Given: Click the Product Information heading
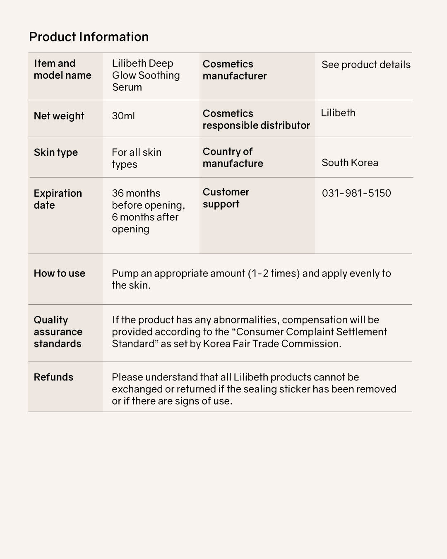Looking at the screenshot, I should click(89, 37).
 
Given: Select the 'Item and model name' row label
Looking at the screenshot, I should click(62, 69).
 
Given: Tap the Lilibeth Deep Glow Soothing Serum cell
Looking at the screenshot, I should click(146, 75).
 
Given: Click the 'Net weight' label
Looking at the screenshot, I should click(59, 116).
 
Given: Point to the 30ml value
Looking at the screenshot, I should click(123, 116).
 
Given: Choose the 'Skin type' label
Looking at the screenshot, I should click(55, 152).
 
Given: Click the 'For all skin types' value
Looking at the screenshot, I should click(137, 158).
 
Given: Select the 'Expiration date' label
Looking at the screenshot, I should click(58, 199).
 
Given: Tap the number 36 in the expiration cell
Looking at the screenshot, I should click(118, 193).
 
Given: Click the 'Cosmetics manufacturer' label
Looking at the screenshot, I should click(235, 70).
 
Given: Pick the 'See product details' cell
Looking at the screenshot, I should click(366, 65).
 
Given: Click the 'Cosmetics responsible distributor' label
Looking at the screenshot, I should click(256, 119).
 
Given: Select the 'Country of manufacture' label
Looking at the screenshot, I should click(233, 157).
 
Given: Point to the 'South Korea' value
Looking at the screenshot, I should click(350, 163).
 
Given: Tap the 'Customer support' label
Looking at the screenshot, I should click(226, 198).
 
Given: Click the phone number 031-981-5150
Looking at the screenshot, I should click(356, 193).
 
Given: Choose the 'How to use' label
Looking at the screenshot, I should click(59, 273).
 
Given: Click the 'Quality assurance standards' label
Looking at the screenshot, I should click(58, 332).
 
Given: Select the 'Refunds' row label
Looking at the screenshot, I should click(53, 377).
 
